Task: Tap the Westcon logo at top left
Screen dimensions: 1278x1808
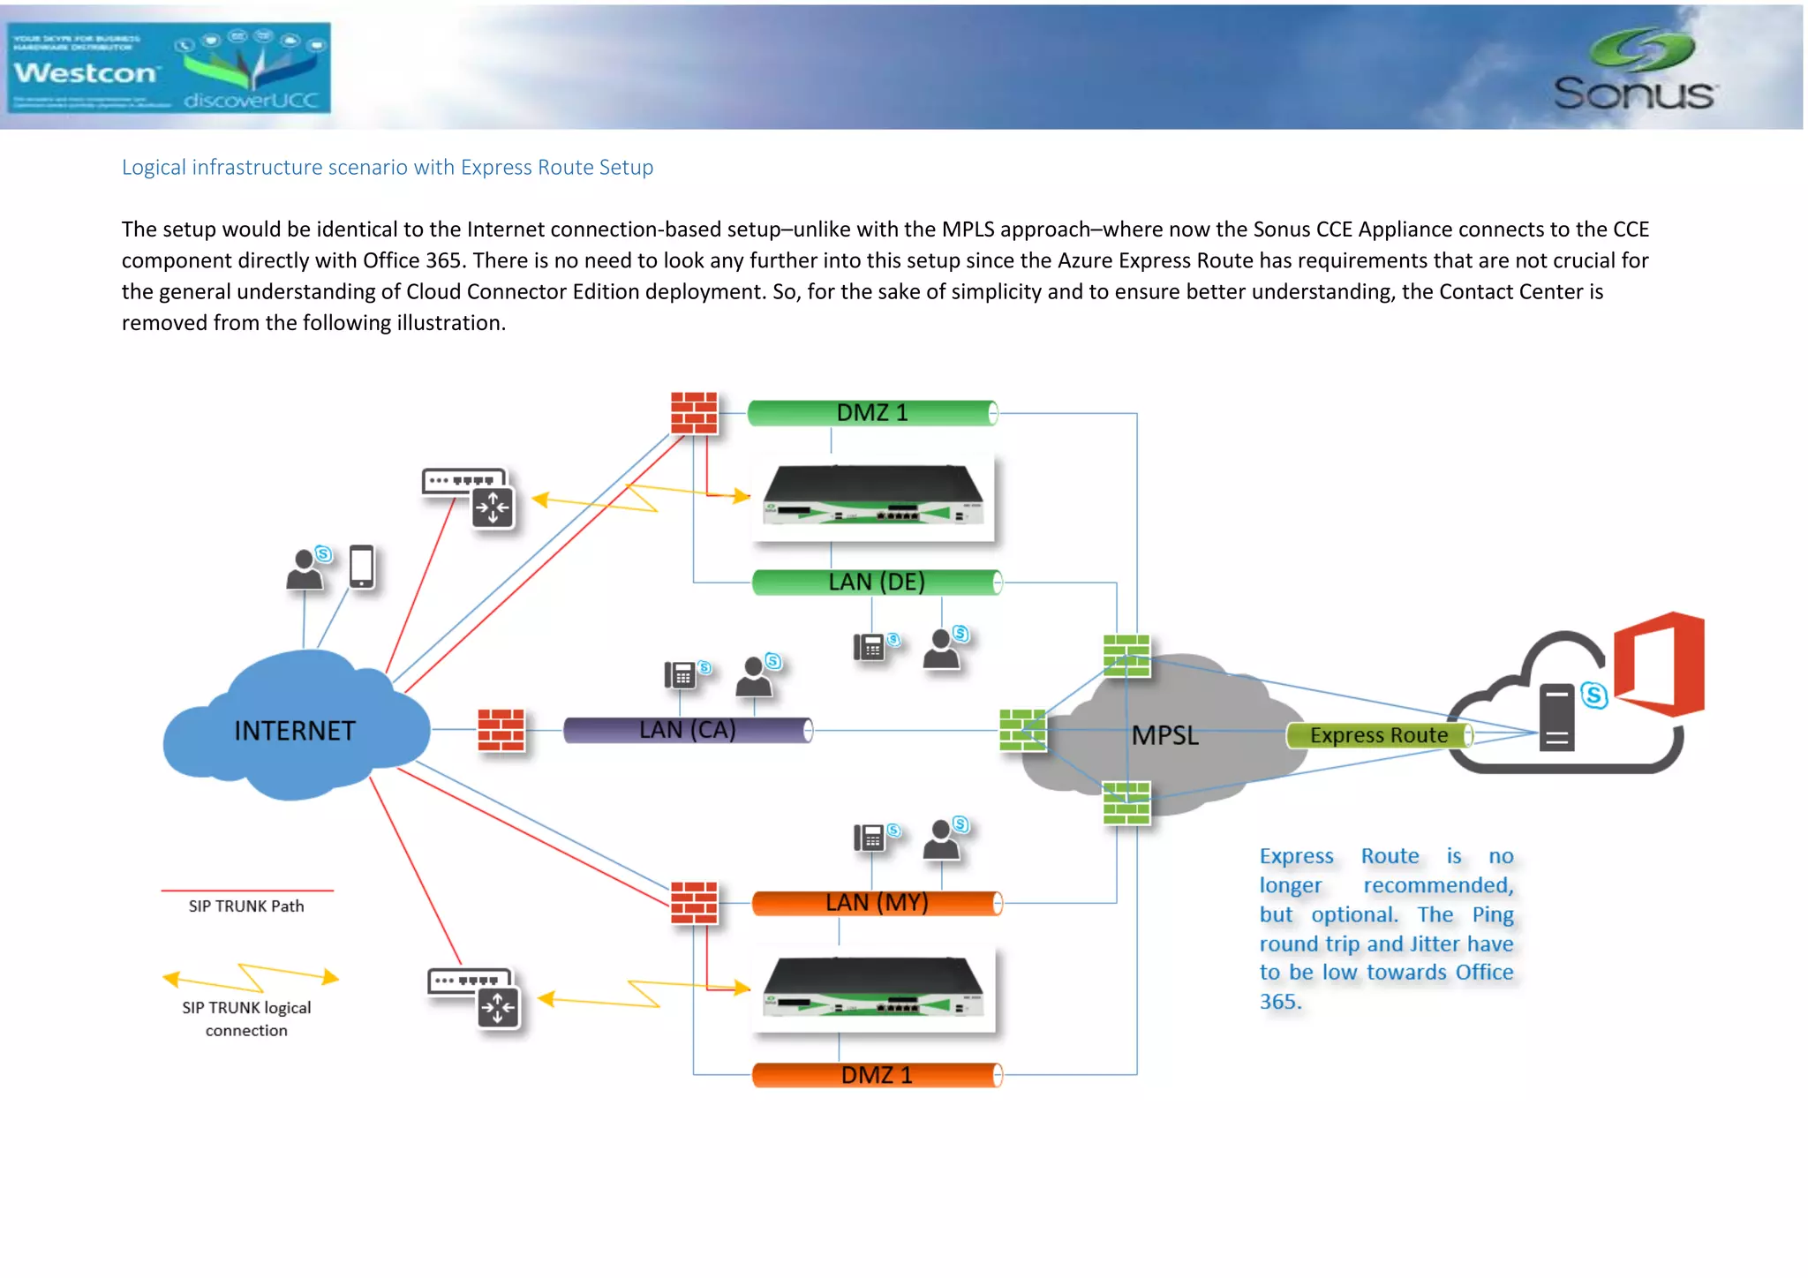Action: coord(168,68)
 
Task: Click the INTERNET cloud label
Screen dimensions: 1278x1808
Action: coord(295,731)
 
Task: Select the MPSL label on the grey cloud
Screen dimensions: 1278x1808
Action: coord(1164,735)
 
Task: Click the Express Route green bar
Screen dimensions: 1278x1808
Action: coord(1378,735)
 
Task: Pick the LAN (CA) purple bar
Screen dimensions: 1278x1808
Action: coord(687,730)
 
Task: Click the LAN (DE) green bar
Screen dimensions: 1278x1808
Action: coord(876,583)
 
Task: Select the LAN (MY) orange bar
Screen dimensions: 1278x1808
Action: coord(876,903)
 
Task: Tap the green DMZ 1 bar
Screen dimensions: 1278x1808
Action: coord(871,413)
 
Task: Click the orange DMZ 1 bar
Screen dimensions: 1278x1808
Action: coord(876,1075)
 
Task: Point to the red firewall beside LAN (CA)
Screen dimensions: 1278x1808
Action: coord(501,730)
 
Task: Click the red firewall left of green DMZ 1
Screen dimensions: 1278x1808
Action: coord(694,413)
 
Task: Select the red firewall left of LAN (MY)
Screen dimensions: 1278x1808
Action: coord(694,902)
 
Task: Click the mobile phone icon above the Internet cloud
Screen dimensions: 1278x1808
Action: coord(362,566)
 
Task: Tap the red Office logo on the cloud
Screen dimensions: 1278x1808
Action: coord(1660,664)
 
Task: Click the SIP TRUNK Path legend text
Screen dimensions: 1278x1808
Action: coord(246,906)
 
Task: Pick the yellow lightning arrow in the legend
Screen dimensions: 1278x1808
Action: coord(251,977)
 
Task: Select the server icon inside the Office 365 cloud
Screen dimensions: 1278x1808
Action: coord(1556,718)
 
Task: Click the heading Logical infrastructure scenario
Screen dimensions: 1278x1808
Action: coord(387,168)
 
